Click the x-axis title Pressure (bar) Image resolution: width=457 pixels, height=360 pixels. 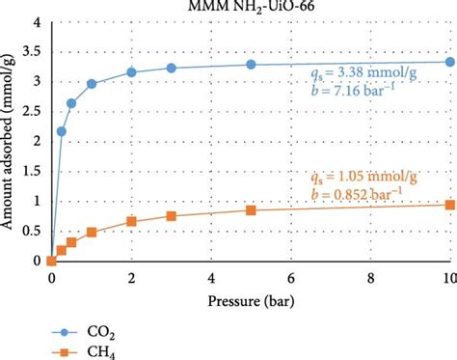click(x=253, y=300)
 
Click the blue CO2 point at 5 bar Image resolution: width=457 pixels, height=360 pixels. click(x=251, y=65)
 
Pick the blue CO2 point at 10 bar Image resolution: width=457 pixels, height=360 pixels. click(x=450, y=62)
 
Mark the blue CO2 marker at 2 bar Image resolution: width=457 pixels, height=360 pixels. click(x=131, y=72)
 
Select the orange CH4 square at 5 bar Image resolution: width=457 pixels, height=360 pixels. click(x=251, y=210)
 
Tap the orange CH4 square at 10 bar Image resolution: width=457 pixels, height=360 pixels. click(x=450, y=205)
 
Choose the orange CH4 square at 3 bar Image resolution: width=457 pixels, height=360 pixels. click(x=171, y=216)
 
